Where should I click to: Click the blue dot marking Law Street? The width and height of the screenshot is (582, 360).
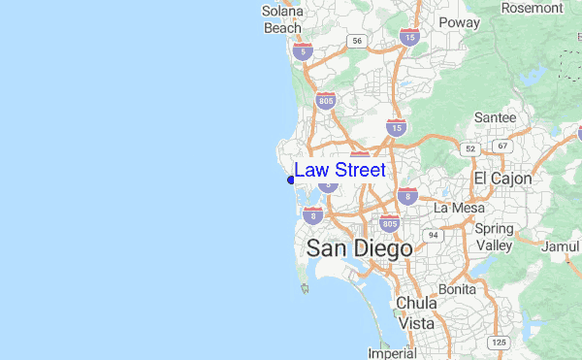[291, 180]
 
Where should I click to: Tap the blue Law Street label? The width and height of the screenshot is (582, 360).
[339, 170]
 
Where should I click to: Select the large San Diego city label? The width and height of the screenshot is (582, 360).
[359, 248]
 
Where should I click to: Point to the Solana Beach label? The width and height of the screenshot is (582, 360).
[283, 19]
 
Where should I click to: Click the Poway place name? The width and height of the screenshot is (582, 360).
[459, 22]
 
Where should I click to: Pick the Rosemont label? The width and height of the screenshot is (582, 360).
[532, 8]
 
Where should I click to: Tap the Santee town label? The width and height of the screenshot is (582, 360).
[495, 117]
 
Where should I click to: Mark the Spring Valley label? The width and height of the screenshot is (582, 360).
[495, 237]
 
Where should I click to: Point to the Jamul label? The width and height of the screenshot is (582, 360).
[561, 246]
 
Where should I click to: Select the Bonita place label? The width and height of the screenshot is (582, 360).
[457, 289]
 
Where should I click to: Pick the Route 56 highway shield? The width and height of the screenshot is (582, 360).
[357, 41]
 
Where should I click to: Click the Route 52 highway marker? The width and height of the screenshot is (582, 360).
[470, 148]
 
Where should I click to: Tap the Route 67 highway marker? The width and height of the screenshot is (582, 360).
[501, 146]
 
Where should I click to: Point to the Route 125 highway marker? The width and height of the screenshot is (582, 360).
[500, 343]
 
